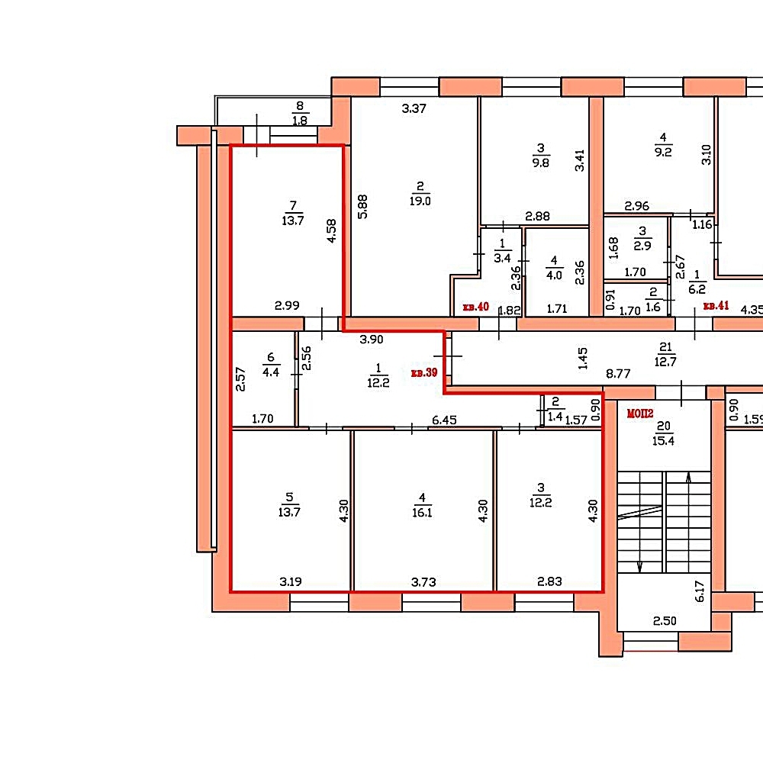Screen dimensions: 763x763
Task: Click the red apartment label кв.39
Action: (x=424, y=373)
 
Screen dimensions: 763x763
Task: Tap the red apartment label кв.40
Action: (x=475, y=307)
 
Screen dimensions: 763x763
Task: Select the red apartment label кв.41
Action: (x=716, y=306)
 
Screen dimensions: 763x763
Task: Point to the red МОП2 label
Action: (x=640, y=414)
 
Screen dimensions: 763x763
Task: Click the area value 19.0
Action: (x=420, y=201)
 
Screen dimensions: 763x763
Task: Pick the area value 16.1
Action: (x=422, y=513)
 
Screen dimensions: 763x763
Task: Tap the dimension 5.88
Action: (x=362, y=207)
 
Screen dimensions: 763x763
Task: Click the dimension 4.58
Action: (x=331, y=231)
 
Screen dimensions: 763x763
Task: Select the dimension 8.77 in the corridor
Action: (x=618, y=374)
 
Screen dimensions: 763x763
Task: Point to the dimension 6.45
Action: (x=444, y=420)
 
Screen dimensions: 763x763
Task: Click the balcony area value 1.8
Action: (x=300, y=121)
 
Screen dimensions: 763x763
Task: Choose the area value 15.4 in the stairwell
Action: (x=663, y=441)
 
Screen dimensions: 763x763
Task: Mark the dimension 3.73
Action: (x=423, y=582)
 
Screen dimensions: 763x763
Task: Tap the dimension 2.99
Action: (x=287, y=306)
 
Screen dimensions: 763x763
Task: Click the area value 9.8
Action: (x=541, y=163)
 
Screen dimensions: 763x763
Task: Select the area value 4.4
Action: (x=271, y=372)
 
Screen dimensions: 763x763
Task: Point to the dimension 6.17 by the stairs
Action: (x=700, y=591)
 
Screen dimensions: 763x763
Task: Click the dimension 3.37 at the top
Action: (x=414, y=108)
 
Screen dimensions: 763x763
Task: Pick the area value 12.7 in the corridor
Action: (x=665, y=362)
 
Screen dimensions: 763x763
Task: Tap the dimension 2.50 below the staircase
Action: (x=665, y=621)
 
